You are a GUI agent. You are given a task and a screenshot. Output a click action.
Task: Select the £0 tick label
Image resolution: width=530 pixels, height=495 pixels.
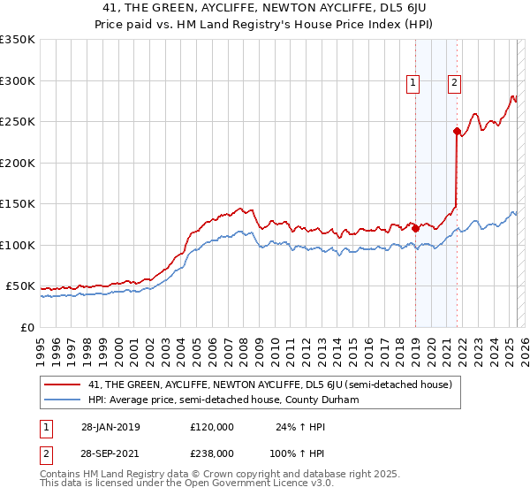[x=27, y=327]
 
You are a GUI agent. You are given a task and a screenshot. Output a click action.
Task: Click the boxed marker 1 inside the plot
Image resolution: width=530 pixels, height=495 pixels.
[x=413, y=84]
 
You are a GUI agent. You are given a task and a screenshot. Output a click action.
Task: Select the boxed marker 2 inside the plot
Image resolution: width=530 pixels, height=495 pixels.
[x=454, y=84]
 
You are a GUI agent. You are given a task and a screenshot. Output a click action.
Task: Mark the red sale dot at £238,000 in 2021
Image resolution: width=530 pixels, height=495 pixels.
[x=458, y=132]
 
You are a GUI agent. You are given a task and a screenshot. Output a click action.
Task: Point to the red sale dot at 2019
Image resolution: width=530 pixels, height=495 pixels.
[x=416, y=228]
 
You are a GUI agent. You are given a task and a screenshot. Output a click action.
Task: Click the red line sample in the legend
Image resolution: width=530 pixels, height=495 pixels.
[x=63, y=385]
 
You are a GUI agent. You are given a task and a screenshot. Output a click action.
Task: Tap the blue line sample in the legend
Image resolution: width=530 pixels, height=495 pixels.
[x=63, y=400]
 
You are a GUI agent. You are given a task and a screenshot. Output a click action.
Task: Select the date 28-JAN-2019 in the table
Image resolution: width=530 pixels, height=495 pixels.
[x=110, y=427]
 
